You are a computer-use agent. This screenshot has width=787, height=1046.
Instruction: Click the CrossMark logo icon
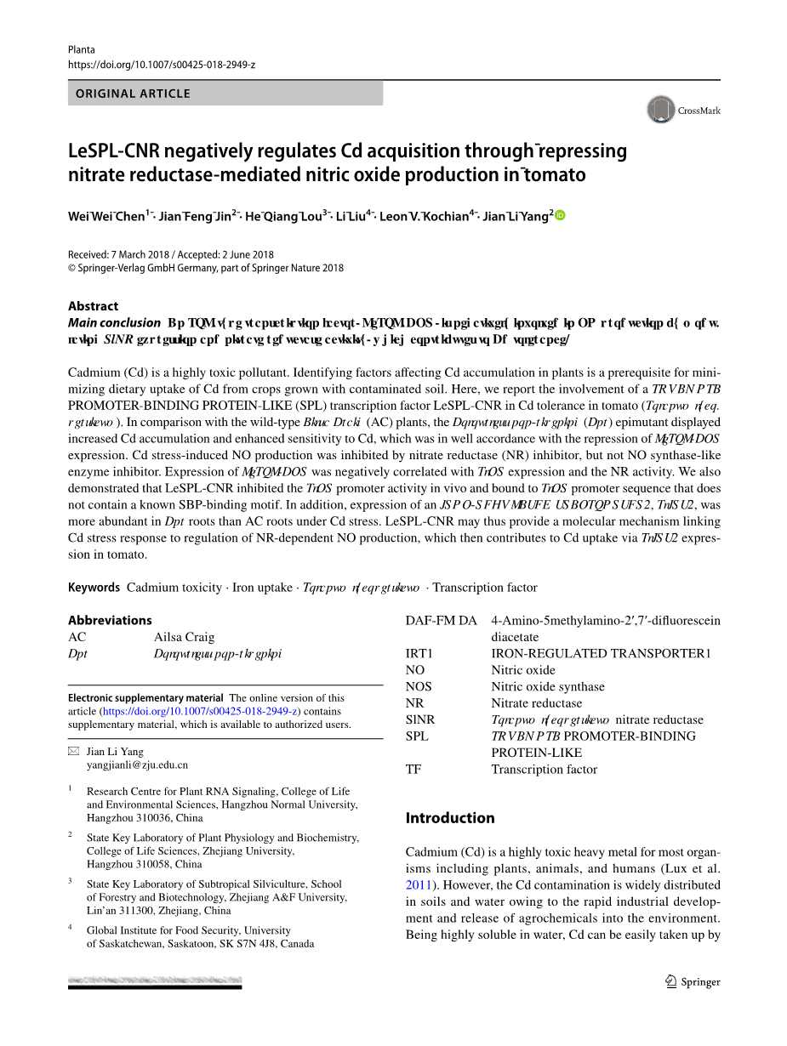pos(661,110)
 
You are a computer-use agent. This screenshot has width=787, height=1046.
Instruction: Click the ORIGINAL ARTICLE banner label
pos(133,94)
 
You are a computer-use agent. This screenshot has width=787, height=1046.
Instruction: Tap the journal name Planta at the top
pos(82,49)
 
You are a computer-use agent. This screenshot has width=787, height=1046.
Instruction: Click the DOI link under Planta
pos(162,65)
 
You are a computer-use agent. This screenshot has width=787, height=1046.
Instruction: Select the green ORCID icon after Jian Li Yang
pos(560,215)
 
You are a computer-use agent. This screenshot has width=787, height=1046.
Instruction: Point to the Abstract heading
pos(93,306)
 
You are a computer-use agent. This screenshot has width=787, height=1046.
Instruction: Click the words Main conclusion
pos(114,323)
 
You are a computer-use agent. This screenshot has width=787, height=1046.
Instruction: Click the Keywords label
pos(94,588)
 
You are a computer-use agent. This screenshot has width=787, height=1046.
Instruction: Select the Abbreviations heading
pos(110,621)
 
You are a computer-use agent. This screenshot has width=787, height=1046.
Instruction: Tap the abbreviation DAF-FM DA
pos(441,621)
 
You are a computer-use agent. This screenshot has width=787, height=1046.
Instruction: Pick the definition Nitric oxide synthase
pos(547,687)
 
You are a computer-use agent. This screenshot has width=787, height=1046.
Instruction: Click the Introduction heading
pos(449,818)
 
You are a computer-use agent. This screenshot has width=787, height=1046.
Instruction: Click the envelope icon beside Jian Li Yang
pos(73,752)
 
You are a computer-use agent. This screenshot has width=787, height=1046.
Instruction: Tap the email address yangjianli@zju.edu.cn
pos(137,765)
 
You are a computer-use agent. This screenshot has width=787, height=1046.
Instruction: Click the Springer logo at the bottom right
pos(693,981)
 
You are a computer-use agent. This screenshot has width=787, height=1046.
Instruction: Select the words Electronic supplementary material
pos(145,698)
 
